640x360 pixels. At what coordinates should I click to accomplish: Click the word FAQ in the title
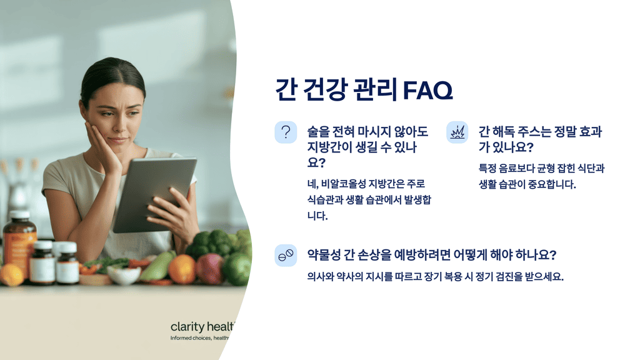[427, 91]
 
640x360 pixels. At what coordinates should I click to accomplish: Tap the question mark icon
[286, 132]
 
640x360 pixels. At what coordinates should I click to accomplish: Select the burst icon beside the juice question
[457, 132]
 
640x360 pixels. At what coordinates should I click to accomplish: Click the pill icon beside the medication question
[286, 256]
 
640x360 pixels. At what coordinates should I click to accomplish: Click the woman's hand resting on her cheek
[104, 147]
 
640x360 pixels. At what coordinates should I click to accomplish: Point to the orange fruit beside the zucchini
[182, 268]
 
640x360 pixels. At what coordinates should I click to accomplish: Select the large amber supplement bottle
[19, 244]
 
